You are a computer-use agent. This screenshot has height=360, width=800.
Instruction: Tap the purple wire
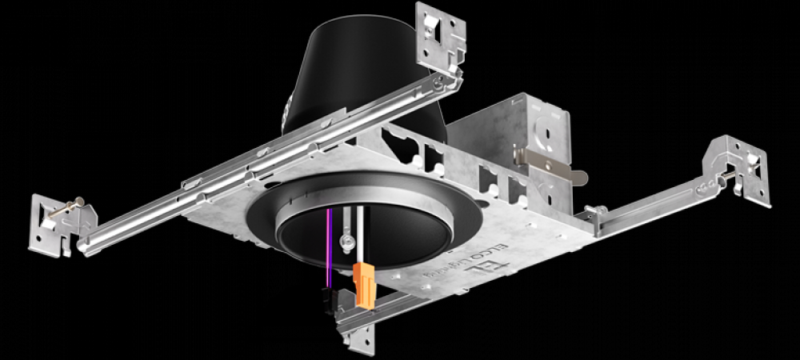pos(327,248)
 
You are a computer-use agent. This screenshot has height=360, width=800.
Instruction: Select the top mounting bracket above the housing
pos(440,36)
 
